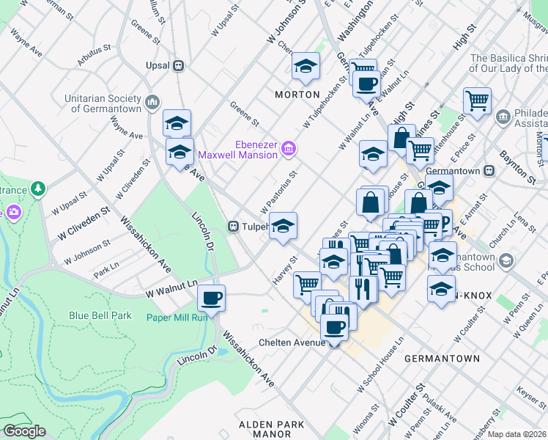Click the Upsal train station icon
tap(177, 65)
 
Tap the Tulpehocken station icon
tap(234, 227)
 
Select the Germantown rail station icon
tap(490, 170)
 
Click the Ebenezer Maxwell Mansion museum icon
tap(289, 149)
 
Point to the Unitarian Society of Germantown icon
tap(152, 102)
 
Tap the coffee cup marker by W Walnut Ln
tap(212, 298)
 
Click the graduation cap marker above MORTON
tap(305, 67)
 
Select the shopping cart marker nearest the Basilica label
tap(477, 100)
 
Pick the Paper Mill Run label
tap(177, 317)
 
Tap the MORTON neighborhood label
tap(297, 95)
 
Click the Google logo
tap(25, 430)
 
